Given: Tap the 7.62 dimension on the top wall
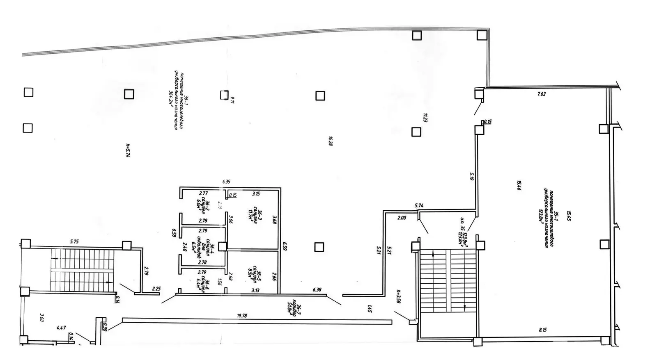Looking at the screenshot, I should pyautogui.click(x=542, y=94).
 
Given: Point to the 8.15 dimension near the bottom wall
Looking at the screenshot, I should pyautogui.click(x=543, y=329).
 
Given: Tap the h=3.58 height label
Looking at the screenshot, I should pyautogui.click(x=398, y=296).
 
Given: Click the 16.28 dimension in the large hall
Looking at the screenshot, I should pyautogui.click(x=330, y=141).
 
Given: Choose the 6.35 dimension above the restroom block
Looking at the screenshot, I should pyautogui.click(x=226, y=181).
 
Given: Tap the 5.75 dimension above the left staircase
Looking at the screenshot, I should pyautogui.click(x=74, y=241).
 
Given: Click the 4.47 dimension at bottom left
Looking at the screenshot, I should pyautogui.click(x=61, y=328).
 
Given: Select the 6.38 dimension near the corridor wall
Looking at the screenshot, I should pyautogui.click(x=317, y=289).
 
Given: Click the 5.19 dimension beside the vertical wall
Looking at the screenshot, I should pyautogui.click(x=472, y=176).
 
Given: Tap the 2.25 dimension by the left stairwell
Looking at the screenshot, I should pyautogui.click(x=156, y=289).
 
